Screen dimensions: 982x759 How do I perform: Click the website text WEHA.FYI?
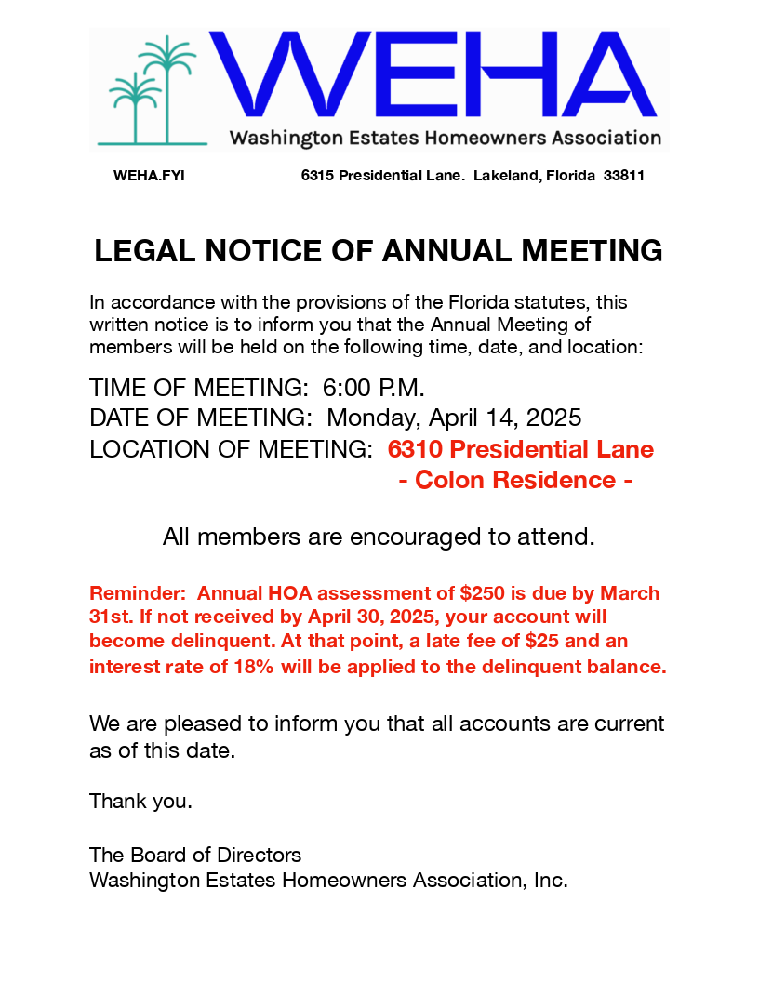click(x=149, y=176)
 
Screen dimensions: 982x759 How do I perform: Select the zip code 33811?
click(x=624, y=176)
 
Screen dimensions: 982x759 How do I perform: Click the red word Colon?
click(x=450, y=481)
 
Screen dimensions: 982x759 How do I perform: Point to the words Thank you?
click(x=140, y=802)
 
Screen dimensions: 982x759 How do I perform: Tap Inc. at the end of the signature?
click(x=551, y=880)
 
